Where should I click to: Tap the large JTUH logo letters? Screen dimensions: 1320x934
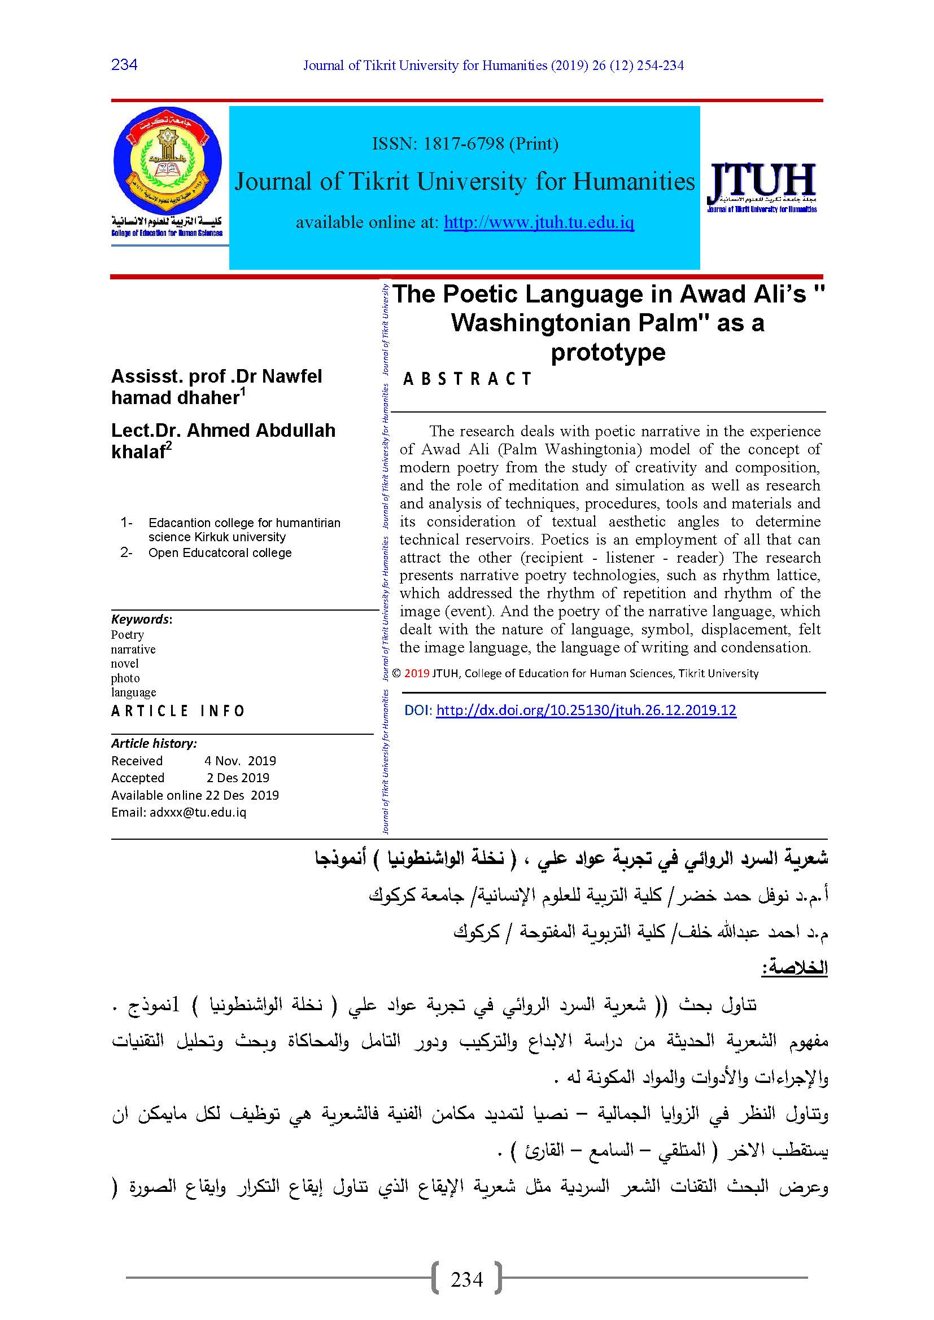pos(761,181)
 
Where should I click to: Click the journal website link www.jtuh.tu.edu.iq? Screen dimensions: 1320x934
pos(539,222)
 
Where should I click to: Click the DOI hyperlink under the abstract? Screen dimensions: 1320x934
pos(586,710)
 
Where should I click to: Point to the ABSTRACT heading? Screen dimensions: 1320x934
pos(467,379)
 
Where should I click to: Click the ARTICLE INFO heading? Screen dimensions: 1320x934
pos(178,711)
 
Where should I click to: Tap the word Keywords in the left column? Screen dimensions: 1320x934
pos(141,619)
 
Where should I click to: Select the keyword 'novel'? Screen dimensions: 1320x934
pos(125,664)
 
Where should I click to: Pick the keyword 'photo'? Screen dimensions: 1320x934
pos(125,678)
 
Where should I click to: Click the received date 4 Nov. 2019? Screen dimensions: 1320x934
pos(240,761)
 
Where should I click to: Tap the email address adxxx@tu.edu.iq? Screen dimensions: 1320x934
pos(198,812)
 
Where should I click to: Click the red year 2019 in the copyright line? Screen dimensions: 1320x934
pos(416,673)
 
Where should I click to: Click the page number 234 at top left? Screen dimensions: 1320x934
pos(124,64)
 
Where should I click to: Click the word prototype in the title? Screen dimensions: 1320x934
pos(608,352)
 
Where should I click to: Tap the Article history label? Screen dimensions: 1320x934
pos(154,743)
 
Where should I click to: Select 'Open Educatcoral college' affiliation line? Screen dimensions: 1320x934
pos(220,552)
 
